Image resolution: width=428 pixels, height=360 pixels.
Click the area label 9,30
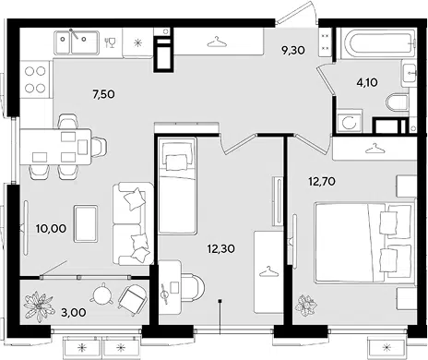coord(293,50)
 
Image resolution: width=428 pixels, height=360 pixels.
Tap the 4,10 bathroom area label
coord(367,82)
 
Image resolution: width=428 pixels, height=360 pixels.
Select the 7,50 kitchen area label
coord(103,94)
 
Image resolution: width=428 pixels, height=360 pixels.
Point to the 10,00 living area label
coord(51,228)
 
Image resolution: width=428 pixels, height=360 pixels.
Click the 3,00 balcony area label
coord(74,312)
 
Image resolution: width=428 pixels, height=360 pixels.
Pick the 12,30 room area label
coord(221,248)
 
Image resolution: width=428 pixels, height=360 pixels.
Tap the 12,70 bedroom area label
coord(322,182)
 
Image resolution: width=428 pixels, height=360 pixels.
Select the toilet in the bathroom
coord(397,103)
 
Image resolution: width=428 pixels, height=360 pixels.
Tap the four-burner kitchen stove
coord(35,79)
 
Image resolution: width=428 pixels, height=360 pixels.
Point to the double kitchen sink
coord(77,42)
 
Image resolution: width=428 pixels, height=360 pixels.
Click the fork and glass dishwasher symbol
coord(110,42)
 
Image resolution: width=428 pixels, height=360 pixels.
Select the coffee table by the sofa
coord(86,223)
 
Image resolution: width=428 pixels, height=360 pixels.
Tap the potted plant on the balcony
coord(39,306)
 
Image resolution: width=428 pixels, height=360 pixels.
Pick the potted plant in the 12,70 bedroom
coord(306,306)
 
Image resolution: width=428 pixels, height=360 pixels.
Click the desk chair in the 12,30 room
coord(193,288)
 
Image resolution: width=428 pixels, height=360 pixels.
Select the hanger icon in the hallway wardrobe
coord(217,42)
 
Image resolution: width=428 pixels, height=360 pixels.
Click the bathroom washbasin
coord(410,73)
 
